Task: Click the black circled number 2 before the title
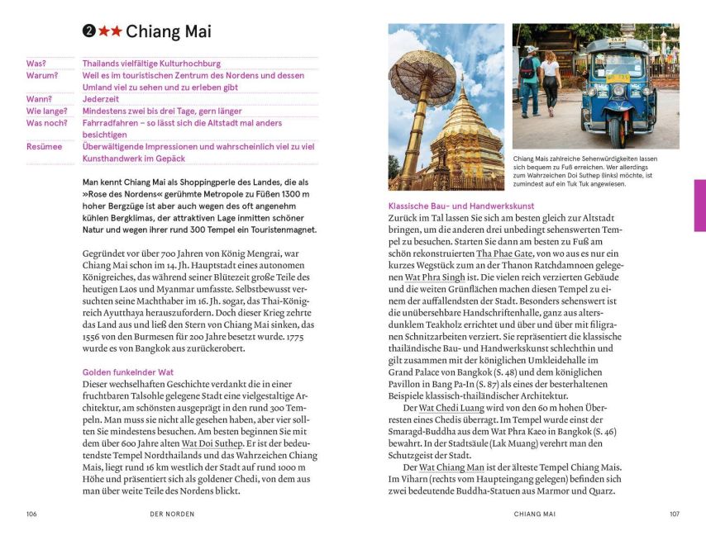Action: click(89, 31)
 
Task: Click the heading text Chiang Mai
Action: click(169, 31)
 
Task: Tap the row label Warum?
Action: click(42, 75)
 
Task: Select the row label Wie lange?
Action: click(46, 111)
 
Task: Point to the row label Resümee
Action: click(45, 146)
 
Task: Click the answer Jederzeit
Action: click(101, 99)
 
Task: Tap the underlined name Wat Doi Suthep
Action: click(212, 443)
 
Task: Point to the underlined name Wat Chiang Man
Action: click(451, 467)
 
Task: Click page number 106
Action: click(31, 514)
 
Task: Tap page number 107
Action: click(674, 514)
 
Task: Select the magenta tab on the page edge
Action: click(699, 205)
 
